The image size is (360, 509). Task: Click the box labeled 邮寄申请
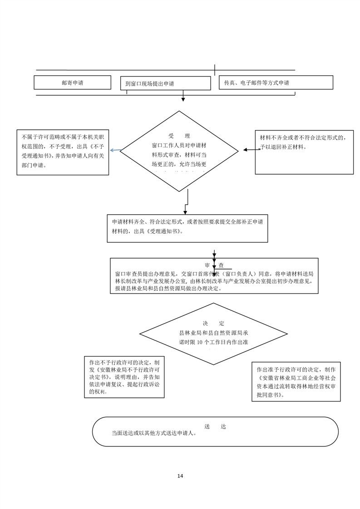pos(72,83)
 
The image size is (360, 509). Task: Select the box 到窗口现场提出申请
pos(165,83)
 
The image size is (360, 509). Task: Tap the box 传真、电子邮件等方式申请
pos(276,83)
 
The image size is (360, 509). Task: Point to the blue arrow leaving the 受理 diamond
pos(115,150)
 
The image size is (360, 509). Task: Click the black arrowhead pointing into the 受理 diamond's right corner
pos(246,149)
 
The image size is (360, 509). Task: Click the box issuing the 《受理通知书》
pos(187,228)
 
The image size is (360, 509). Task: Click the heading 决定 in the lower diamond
pos(213,323)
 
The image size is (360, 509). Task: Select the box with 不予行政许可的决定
pos(124,377)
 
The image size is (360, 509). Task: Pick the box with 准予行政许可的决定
pos(296,381)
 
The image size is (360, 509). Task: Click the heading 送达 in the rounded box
pos(215,426)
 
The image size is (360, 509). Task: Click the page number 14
pos(180,476)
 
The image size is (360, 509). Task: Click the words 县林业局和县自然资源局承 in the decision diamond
pos(213,333)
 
